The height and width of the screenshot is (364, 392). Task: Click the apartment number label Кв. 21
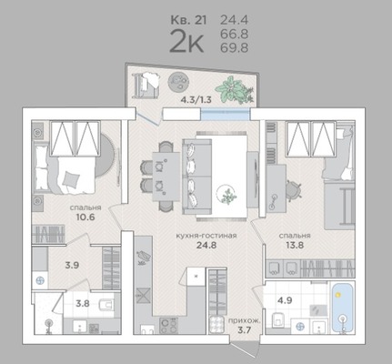click(x=188, y=20)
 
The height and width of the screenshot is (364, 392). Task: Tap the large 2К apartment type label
click(x=186, y=41)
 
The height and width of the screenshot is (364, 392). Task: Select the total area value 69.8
click(x=234, y=47)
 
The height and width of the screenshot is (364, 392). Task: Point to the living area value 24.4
click(x=234, y=20)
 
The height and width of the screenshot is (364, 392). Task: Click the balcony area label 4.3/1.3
click(x=196, y=99)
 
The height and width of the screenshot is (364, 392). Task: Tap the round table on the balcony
click(x=178, y=82)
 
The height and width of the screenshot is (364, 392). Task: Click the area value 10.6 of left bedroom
click(x=85, y=217)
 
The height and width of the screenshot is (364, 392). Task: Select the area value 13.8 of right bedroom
click(x=295, y=245)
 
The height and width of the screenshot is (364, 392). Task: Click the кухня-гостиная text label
click(x=206, y=236)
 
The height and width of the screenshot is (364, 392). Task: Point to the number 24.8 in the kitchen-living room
click(x=206, y=245)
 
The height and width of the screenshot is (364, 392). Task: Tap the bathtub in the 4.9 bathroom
click(x=342, y=308)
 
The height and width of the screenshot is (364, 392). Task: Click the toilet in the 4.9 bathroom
click(x=278, y=319)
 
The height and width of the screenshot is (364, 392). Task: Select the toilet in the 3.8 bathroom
click(x=106, y=304)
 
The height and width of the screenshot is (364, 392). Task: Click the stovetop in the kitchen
click(x=168, y=326)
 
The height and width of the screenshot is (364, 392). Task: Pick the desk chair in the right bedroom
click(x=292, y=190)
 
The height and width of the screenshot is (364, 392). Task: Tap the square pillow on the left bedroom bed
click(x=70, y=179)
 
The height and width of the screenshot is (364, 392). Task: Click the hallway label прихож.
click(x=245, y=321)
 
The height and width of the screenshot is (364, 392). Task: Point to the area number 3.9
click(x=72, y=265)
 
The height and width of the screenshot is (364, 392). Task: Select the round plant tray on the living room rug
click(x=226, y=194)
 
